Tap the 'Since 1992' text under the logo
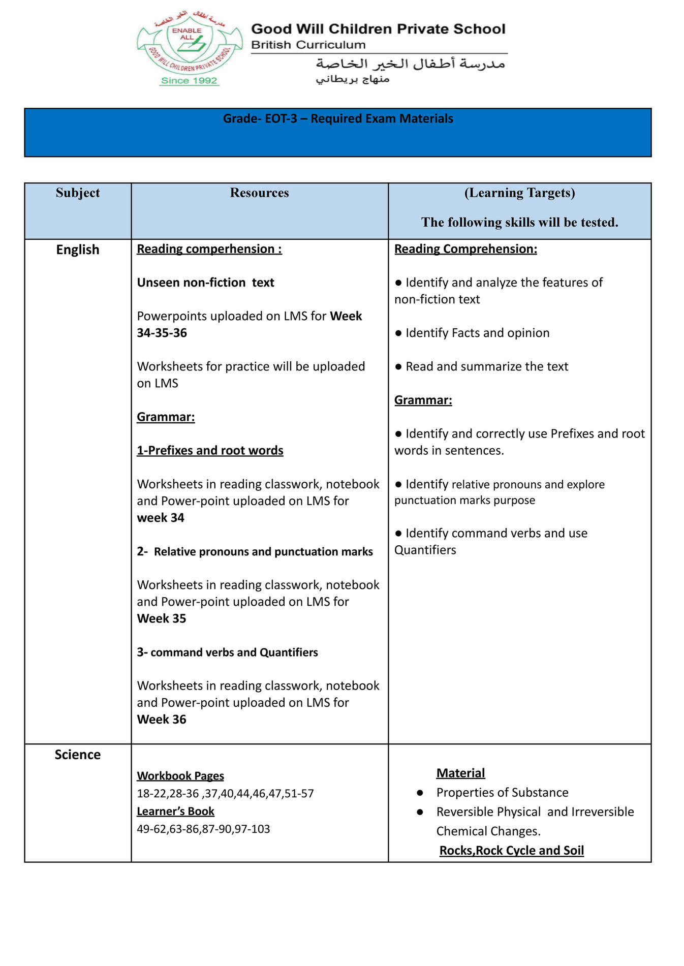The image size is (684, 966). tap(189, 81)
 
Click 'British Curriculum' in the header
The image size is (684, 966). tap(308, 45)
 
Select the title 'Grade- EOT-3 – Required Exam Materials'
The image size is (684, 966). tap(338, 119)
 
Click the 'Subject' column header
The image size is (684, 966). tap(78, 193)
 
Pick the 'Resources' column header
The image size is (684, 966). tap(259, 193)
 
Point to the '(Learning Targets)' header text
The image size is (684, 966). tap(519, 193)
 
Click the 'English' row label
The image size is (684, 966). tap(78, 250)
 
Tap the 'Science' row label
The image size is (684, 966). tap(78, 755)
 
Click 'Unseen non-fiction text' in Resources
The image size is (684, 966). tap(205, 283)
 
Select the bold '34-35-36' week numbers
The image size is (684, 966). tap(162, 333)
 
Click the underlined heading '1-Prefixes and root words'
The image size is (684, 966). tap(210, 451)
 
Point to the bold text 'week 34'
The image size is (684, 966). tap(161, 518)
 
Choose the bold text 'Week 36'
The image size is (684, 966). tap(162, 720)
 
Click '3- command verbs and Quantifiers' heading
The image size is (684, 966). tap(227, 652)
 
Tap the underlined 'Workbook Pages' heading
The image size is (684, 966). tap(180, 776)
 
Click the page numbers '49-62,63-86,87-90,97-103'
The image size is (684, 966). tap(203, 829)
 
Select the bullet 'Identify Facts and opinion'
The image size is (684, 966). tap(477, 333)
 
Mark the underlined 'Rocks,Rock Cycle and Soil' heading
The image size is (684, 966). tap(511, 851)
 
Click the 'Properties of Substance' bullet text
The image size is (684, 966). tap(502, 793)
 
